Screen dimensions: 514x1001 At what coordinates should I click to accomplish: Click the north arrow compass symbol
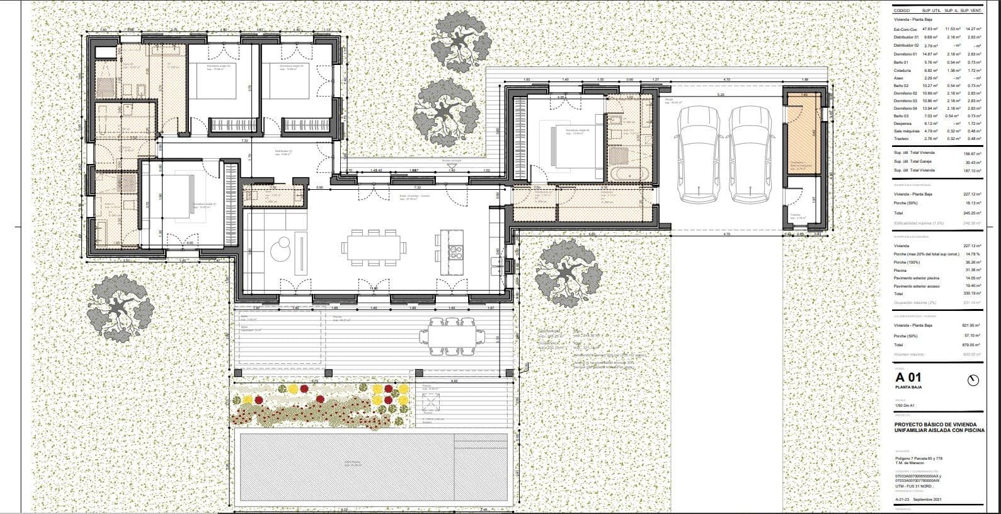[973, 380]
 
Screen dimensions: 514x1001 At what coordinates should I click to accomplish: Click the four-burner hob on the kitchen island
[455, 252]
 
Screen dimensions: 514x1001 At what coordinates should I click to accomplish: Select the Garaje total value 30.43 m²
[973, 162]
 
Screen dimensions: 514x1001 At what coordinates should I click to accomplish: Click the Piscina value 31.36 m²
[973, 270]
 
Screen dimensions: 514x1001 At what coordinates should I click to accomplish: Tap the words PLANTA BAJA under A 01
[908, 387]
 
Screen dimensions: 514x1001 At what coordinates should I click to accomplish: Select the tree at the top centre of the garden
[461, 41]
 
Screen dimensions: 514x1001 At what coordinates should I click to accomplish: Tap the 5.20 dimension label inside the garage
[721, 95]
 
